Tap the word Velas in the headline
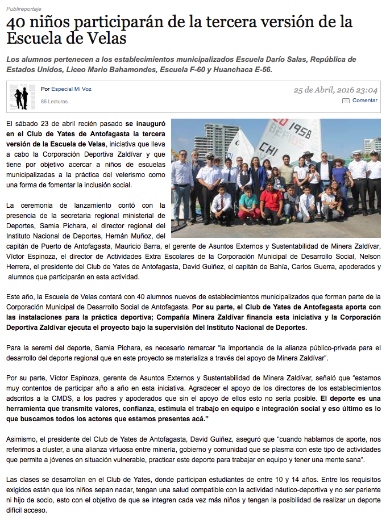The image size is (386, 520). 107,39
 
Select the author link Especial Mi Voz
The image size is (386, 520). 71,89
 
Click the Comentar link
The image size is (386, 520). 364,100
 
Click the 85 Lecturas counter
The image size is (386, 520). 54,102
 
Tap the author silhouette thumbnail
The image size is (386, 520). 21,97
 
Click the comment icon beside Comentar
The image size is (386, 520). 346,101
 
